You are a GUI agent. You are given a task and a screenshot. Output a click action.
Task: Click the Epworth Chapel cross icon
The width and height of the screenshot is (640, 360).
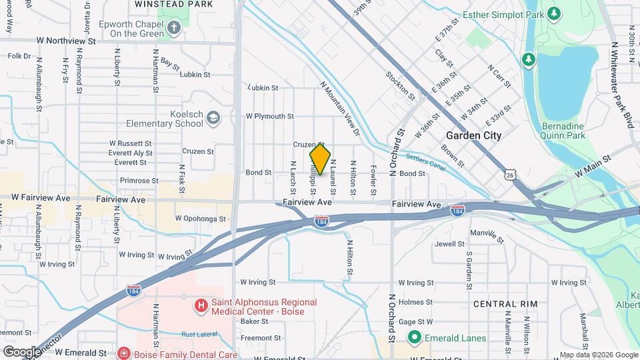click(x=174, y=27)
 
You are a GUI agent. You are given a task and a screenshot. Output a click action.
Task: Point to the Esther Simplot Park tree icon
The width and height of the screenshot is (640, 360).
click(x=553, y=13)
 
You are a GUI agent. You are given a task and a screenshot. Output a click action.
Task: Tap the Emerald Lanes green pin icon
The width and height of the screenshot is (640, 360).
click(x=414, y=338)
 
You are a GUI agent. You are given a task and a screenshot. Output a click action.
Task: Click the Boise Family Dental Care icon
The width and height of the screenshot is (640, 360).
click(x=123, y=353)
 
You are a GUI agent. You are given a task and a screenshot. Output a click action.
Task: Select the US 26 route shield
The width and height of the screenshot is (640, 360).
click(x=510, y=175)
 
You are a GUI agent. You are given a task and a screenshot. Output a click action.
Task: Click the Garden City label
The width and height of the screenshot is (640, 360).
click(x=473, y=135)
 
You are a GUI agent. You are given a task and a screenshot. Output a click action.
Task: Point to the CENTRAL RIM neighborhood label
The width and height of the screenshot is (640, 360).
click(x=505, y=304)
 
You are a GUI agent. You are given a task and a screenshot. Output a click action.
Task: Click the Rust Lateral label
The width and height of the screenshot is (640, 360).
click(x=200, y=335)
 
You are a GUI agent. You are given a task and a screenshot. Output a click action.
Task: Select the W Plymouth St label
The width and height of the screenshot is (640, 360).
click(x=269, y=116)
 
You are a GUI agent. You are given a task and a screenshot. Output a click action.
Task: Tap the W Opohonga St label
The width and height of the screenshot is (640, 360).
click(x=201, y=218)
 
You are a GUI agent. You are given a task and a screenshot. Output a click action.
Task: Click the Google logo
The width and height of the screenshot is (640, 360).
click(x=21, y=351)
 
